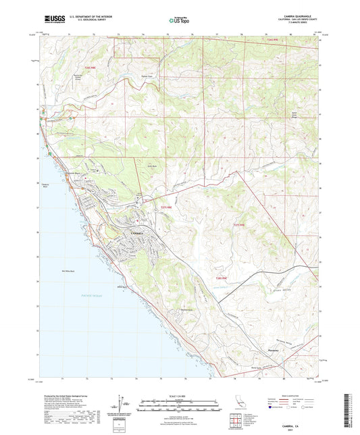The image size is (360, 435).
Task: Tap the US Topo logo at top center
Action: click(x=179, y=21)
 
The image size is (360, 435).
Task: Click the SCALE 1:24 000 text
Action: click(x=179, y=394)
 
